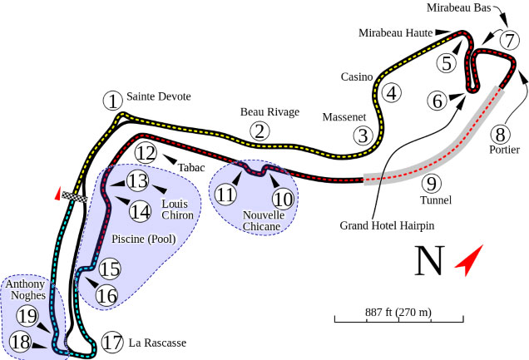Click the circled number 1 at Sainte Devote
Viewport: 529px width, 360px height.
tap(113, 101)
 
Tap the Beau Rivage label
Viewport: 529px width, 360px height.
tap(269, 112)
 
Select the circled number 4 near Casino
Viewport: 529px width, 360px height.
tap(392, 93)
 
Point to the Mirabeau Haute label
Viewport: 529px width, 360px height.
tap(395, 32)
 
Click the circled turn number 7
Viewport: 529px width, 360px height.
tap(509, 41)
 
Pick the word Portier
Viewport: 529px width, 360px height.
tap(504, 150)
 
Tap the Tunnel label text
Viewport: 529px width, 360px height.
tap(436, 200)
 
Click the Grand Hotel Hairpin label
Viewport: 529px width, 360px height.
tap(387, 225)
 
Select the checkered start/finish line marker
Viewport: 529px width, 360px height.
tap(75, 197)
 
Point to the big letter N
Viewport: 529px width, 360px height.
tap(429, 261)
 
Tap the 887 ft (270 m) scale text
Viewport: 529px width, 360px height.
tap(398, 312)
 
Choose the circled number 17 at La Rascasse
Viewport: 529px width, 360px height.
tap(112, 343)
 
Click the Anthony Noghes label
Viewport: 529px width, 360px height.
tap(26, 289)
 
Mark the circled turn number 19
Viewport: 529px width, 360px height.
tap(27, 316)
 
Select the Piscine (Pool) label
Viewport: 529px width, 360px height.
tap(144, 239)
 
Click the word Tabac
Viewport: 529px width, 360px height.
tap(191, 167)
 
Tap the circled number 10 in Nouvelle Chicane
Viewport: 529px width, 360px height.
tap(283, 198)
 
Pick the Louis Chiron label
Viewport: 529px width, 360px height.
tap(177, 210)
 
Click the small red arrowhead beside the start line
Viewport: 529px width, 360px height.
tap(57, 194)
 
